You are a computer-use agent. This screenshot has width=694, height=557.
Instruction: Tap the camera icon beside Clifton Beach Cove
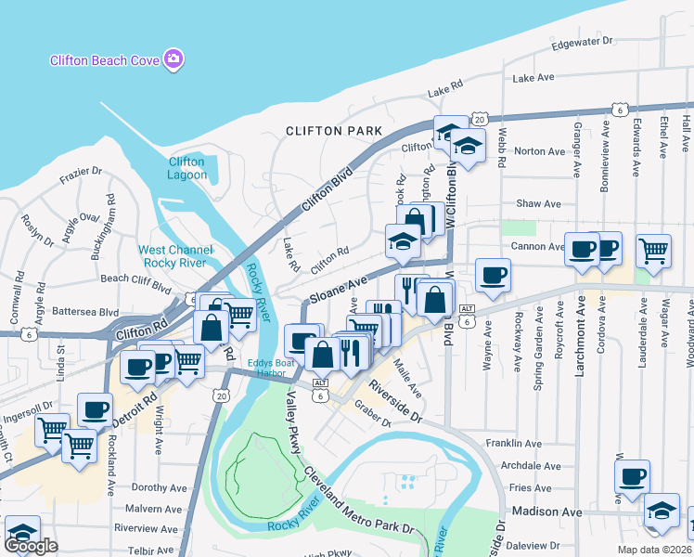[x=172, y=61]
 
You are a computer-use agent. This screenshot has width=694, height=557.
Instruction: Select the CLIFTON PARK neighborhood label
[x=334, y=131]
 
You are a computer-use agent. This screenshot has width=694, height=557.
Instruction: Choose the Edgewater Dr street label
[x=582, y=42]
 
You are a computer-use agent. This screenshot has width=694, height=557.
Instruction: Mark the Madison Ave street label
[x=544, y=512]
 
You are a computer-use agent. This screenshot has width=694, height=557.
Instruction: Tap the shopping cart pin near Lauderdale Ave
[x=653, y=250]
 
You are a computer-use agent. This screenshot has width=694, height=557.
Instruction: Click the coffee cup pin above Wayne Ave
[x=493, y=274]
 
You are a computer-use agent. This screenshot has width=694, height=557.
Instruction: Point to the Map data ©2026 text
[x=655, y=549]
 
